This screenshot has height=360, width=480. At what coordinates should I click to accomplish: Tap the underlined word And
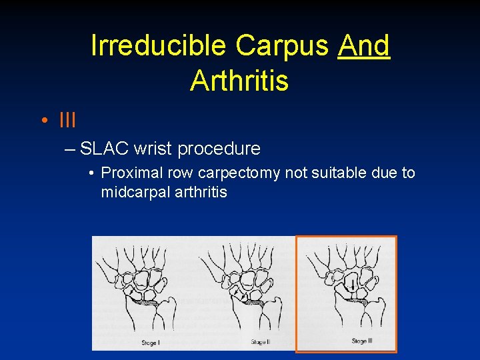coord(363,45)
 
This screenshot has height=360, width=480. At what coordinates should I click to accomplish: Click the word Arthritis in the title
coord(239,81)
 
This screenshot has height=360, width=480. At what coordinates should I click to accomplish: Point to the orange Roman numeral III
coord(67,121)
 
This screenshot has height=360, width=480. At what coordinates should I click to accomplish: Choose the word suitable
coord(339,173)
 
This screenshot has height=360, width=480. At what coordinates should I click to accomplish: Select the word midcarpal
coord(131,193)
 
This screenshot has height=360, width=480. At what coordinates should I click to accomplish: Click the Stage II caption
coord(260,342)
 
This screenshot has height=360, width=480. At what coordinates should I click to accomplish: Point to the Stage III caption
coord(361,341)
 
